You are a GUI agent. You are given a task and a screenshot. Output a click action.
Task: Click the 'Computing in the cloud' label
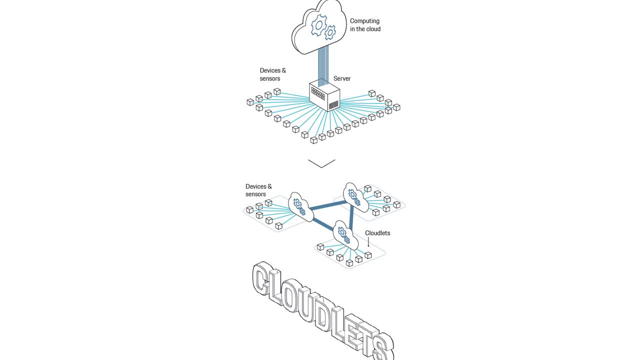pos(365,25)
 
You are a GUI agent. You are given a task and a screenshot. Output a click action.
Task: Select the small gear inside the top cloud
pos(330,32)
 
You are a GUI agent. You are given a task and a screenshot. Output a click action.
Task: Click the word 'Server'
pos(341,78)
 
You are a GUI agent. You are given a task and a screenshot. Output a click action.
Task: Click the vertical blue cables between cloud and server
pos(323,66)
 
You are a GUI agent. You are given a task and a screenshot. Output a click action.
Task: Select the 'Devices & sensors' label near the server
pos(272,74)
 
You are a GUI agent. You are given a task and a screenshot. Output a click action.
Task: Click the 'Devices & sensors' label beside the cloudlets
pos(258,190)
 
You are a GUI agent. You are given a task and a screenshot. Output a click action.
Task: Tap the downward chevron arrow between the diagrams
pos(321,163)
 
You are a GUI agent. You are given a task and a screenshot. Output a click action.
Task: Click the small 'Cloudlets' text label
pos(377,233)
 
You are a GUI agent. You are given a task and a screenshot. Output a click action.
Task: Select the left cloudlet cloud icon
pos(301,207)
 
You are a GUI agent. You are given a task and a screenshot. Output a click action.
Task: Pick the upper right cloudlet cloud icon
pos(355,197)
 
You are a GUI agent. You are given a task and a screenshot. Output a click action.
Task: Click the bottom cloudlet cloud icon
pos(345,235)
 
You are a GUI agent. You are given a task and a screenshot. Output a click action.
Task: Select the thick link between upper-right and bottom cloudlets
pos(351,217)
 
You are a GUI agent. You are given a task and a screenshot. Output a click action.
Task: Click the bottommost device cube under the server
pos(313,140)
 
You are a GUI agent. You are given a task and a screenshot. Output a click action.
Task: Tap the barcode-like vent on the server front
pos(333,105)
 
